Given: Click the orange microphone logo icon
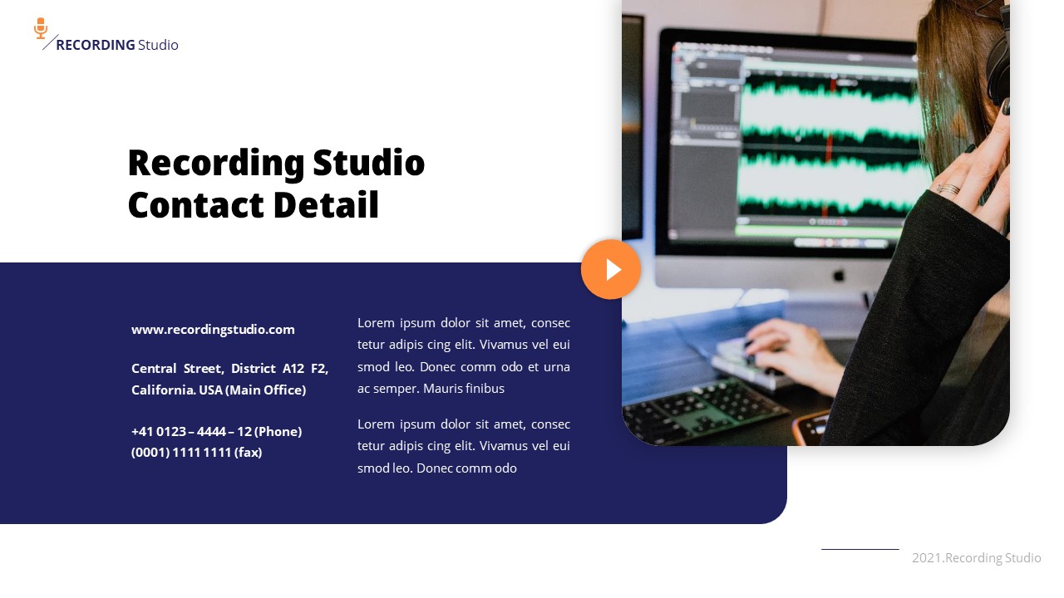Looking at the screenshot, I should [41, 28].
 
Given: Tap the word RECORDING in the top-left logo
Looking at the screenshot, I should [95, 45].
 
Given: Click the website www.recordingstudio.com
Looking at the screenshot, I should [213, 330].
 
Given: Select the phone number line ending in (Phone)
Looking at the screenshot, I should [216, 432].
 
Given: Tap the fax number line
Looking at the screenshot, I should [196, 453].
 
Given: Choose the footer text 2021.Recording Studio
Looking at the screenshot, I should [976, 558].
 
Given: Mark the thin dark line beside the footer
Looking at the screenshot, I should [860, 549].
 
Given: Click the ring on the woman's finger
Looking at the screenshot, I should [948, 189].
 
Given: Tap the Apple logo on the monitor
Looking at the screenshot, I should [838, 273].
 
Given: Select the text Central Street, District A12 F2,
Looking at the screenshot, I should [229, 369].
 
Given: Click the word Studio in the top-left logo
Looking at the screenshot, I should [158, 45].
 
